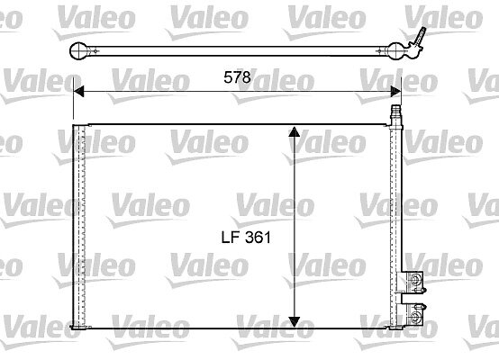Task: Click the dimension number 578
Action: pos(237,77)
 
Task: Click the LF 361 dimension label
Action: pos(246,238)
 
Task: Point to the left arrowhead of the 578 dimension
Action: pos(78,91)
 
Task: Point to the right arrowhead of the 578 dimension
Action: pos(395,91)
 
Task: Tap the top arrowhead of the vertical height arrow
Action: pos(294,131)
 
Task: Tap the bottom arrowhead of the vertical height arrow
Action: pos(294,322)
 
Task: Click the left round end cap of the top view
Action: pos(78,51)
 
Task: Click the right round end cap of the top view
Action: pos(395,51)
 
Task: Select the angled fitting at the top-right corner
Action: pos(418,40)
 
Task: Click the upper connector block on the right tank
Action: pos(412,282)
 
